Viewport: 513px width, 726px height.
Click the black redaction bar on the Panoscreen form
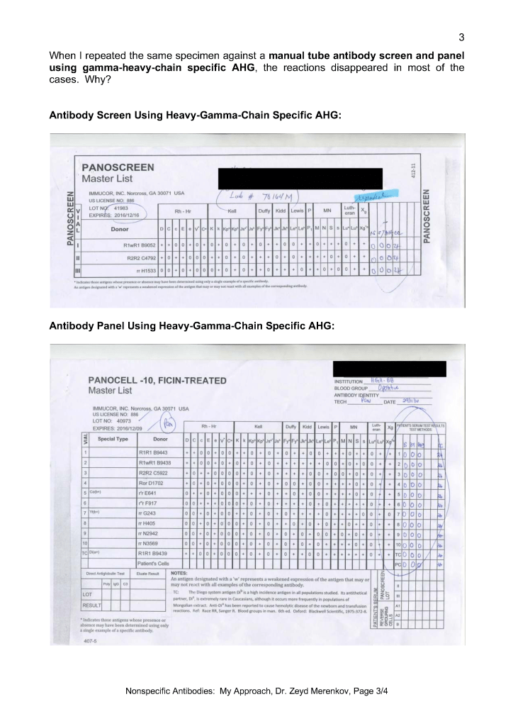point(300,175)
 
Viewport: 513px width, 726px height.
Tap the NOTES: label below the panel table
point(179,572)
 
